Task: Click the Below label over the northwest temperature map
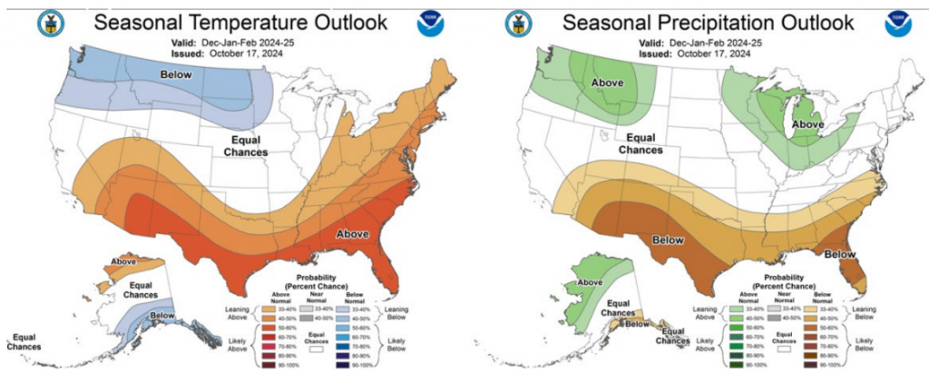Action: pos(177,74)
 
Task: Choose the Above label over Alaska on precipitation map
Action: pos(590,281)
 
